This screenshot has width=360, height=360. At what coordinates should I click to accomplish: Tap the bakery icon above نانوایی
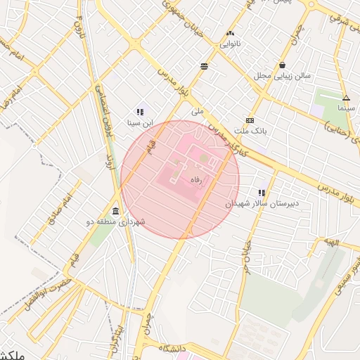point(231,33)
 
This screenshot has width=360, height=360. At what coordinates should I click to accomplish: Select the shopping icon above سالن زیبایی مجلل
point(282,65)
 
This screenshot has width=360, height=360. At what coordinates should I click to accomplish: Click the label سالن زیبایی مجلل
point(282,75)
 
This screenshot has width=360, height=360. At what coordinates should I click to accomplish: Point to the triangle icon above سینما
point(345,98)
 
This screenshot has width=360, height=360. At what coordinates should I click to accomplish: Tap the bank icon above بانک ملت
point(250,120)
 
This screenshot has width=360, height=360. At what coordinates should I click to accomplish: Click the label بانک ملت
point(250,131)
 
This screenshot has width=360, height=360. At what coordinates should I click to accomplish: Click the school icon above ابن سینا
point(140,112)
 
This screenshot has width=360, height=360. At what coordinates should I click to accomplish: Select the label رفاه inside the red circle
point(196,180)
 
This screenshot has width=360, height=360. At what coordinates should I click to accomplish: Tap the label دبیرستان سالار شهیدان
point(252,202)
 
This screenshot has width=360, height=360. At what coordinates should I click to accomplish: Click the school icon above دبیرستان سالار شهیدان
point(262,192)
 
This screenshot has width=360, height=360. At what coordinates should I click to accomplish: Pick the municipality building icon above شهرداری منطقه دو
point(115,212)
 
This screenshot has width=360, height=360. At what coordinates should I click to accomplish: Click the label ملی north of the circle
point(197,111)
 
